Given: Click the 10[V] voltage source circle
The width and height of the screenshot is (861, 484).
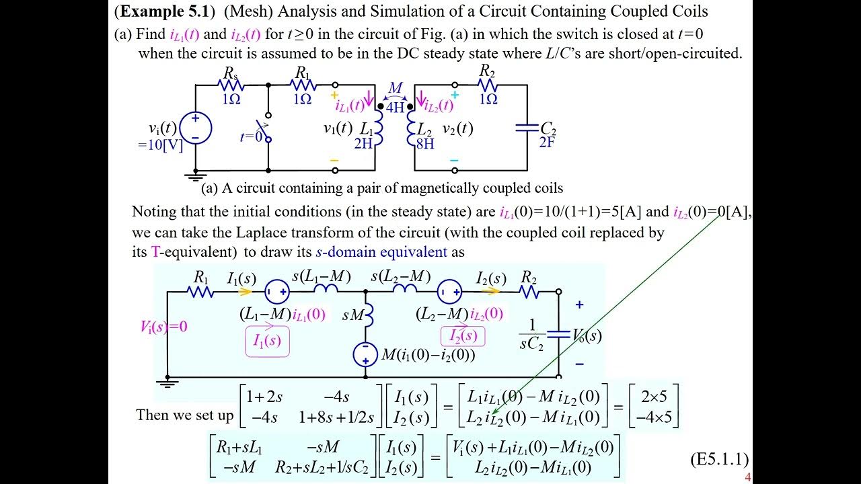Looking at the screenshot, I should click(195, 127).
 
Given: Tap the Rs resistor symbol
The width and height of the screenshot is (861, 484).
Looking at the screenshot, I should click(231, 85).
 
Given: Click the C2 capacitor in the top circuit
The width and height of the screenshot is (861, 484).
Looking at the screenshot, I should click(527, 128).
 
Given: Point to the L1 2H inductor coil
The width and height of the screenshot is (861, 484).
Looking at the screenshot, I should click(378, 128).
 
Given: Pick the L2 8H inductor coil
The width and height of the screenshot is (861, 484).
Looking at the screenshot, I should click(411, 128).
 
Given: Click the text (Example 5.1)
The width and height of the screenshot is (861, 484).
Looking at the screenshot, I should click(165, 11).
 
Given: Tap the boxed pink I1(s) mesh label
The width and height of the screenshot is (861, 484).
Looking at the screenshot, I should click(267, 341).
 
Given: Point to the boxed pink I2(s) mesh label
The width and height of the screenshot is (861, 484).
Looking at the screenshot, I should click(462, 335).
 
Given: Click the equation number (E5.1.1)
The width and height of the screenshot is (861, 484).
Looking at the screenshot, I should click(719, 459).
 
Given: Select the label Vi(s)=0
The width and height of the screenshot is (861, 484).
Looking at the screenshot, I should click(163, 327).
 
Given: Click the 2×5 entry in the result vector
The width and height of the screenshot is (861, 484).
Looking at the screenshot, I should click(654, 395).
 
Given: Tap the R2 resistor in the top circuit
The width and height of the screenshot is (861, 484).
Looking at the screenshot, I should click(487, 85).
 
